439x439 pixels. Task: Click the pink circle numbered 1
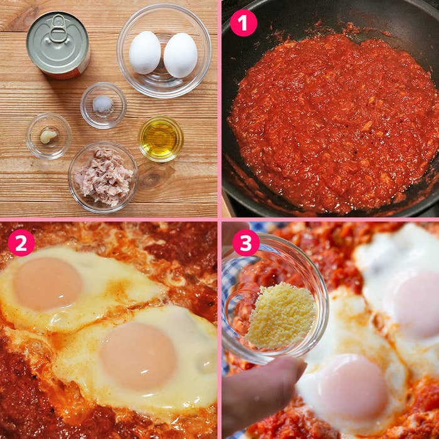coord(243,23)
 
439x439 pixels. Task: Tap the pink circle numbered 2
coord(21,243)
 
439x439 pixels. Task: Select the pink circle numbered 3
coord(246,243)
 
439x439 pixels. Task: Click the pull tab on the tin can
coord(58,29)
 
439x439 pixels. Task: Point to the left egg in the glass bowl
coord(145,53)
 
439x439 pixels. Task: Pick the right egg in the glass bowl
coord(181,55)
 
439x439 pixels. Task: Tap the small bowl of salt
coord(103,105)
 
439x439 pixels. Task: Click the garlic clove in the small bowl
coord(48,136)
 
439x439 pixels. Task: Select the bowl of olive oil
coord(161,139)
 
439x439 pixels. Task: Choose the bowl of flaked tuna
coord(103,177)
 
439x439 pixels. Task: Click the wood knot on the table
coord(153,176)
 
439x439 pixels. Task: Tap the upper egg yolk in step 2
coord(48,283)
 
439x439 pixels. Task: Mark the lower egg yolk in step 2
coord(139,356)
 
